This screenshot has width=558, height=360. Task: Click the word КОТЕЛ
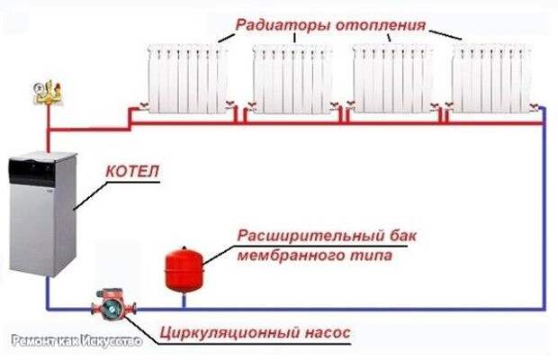pyautogui.click(x=132, y=172)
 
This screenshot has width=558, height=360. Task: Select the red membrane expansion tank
pyautogui.click(x=184, y=268)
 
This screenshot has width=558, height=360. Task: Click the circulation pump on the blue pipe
pyautogui.click(x=113, y=306)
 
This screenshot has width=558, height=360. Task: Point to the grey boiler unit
pyautogui.click(x=42, y=214)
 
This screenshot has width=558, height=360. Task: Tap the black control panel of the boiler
pyautogui.click(x=32, y=173)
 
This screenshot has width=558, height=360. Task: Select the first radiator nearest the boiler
pyautogui.click(x=187, y=78)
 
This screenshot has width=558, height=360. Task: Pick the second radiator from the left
pyautogui.click(x=292, y=78)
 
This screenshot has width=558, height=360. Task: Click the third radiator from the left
pyautogui.click(x=392, y=78)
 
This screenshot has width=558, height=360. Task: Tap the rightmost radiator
pyautogui.click(x=491, y=78)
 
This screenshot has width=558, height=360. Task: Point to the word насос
pyautogui.click(x=328, y=333)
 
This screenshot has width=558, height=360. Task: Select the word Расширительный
pyautogui.click(x=306, y=236)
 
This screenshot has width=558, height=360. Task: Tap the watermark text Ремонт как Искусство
pyautogui.click(x=76, y=341)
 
